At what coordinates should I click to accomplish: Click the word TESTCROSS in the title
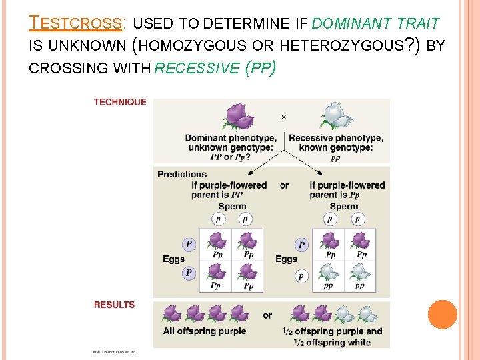pos(76,24)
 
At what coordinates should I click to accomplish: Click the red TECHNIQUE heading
pos(120,102)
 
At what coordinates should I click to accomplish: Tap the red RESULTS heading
pos(114,305)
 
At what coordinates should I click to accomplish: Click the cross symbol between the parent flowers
pos(284,117)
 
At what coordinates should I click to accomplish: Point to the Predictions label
pos(182,174)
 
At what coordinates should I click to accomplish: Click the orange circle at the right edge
pos(442,315)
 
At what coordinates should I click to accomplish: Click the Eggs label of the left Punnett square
pos(174,259)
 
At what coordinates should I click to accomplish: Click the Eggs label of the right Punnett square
pos(287,259)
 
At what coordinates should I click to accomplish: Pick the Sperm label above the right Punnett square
pos(344,206)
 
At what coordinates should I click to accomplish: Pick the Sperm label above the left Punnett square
pos(232,206)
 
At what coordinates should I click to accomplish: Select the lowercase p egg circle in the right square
pos(302,275)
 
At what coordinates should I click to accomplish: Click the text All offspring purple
pos(205,331)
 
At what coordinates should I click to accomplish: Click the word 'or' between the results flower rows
pos(267,315)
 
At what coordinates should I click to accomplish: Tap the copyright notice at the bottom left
pos(114,351)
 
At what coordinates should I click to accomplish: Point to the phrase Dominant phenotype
pos(231,138)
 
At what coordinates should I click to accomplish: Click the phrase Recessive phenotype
pos(335,138)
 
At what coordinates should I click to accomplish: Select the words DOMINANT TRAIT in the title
pos(375,24)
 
